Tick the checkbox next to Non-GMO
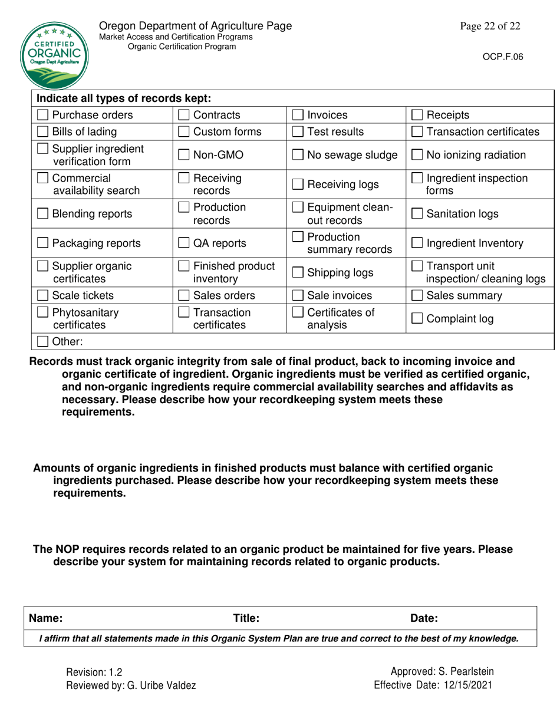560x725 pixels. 184,155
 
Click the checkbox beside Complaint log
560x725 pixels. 416,319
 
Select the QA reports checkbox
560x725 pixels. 184,243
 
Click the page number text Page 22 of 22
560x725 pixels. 491,26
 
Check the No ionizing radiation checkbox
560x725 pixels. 416,155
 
